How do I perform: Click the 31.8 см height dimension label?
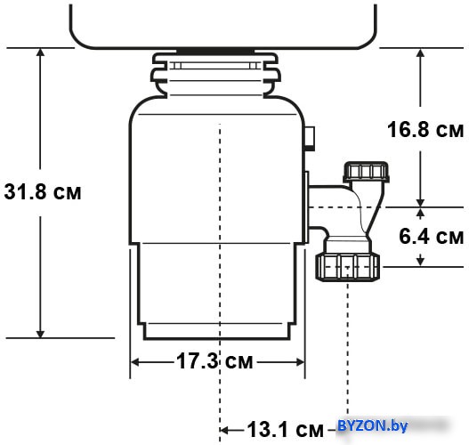click(43, 191)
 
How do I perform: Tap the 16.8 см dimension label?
click(425, 129)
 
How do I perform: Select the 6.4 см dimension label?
click(432, 236)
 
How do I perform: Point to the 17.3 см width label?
click(214, 361)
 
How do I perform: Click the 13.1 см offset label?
click(286, 430)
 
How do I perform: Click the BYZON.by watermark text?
click(372, 425)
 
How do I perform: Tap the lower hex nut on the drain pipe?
click(348, 267)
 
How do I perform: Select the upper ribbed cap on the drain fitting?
click(366, 172)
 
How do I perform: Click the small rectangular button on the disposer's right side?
click(310, 139)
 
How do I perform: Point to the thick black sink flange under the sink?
click(215, 51)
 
